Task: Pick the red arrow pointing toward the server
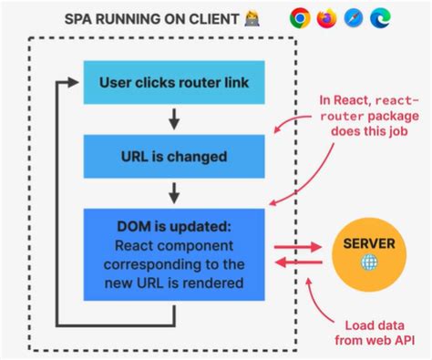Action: point(300,246)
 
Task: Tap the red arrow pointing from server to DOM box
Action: point(300,262)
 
